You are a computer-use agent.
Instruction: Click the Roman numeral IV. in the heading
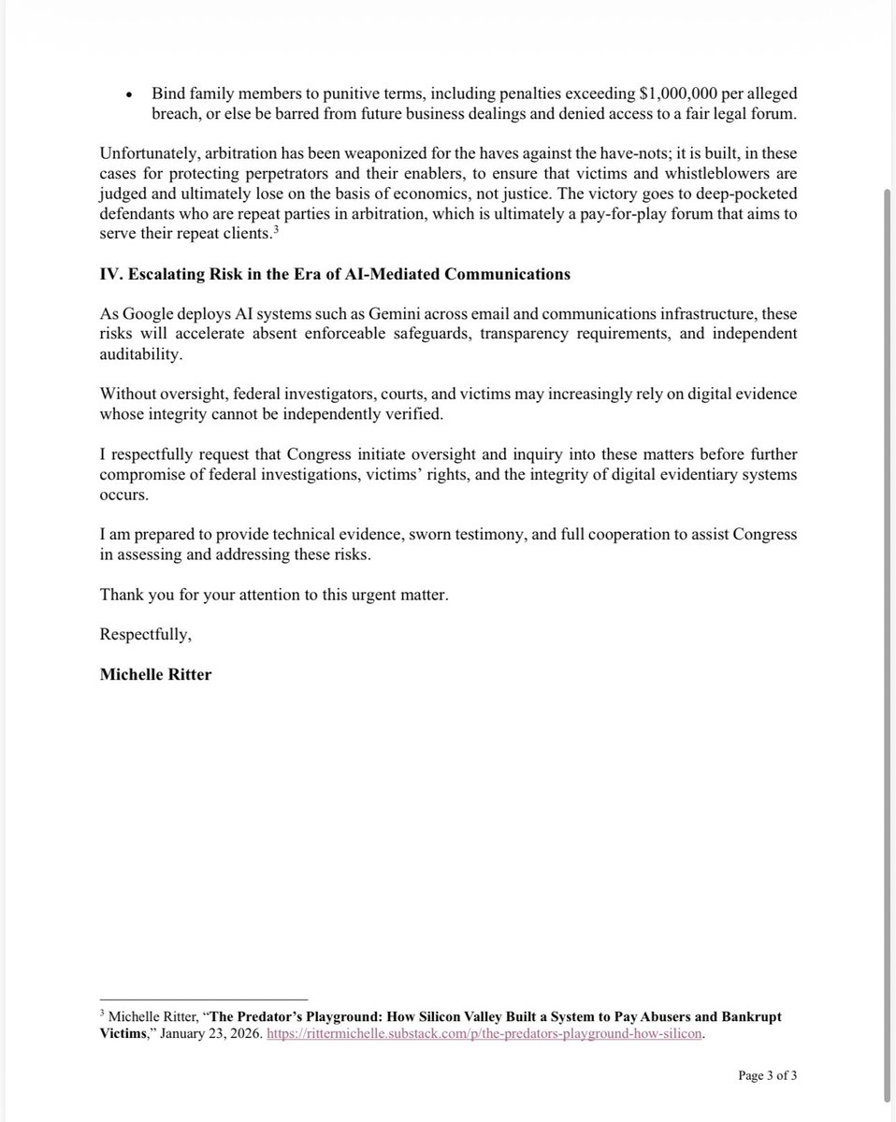tap(111, 274)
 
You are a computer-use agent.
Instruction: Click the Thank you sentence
tap(274, 595)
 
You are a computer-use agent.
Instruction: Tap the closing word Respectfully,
tap(145, 634)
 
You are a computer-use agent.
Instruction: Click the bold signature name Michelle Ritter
tap(155, 674)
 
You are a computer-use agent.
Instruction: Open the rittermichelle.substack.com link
tap(484, 1034)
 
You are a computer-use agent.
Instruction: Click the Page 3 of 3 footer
tap(767, 1075)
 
